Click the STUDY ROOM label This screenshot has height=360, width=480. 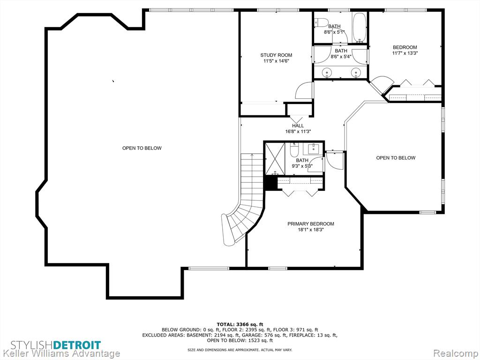pyautogui.click(x=276, y=55)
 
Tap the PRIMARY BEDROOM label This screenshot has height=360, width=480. pyautogui.click(x=311, y=224)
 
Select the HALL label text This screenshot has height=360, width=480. pyautogui.click(x=298, y=126)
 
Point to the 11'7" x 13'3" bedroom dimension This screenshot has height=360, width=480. pyautogui.click(x=405, y=53)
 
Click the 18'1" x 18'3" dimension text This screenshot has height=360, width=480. pyautogui.click(x=311, y=229)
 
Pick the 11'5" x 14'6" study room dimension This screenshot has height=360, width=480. pyautogui.click(x=276, y=61)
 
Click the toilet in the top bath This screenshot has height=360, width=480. pyautogui.click(x=322, y=22)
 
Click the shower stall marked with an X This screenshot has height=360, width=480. pyautogui.click(x=275, y=158)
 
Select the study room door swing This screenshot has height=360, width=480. pyautogui.click(x=304, y=90)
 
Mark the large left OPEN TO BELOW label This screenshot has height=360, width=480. pyautogui.click(x=142, y=148)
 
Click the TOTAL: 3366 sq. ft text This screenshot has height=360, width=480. pyautogui.click(x=240, y=324)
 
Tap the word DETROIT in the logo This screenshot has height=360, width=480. pyautogui.click(x=77, y=345)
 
